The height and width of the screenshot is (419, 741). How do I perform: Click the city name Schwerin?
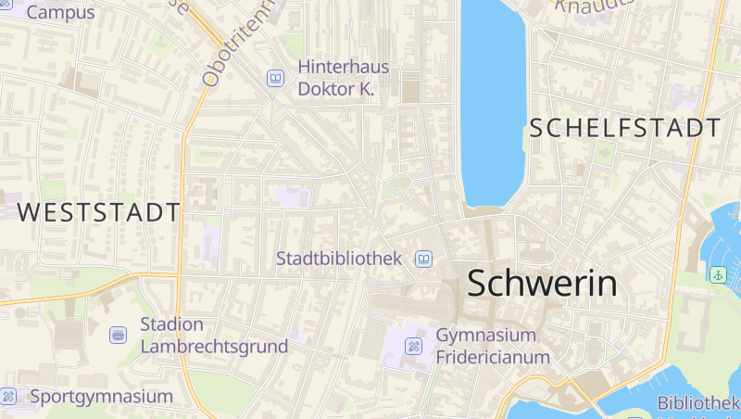(542, 283)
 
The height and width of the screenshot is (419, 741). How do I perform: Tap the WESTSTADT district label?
(98, 212)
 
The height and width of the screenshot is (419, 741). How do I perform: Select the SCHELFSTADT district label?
(625, 129)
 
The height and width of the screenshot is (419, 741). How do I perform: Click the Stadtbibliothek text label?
(339, 259)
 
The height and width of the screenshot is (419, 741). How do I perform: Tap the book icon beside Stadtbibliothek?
(423, 259)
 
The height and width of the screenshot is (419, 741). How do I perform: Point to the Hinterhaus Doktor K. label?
(343, 78)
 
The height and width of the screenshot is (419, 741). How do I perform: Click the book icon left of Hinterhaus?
(276, 79)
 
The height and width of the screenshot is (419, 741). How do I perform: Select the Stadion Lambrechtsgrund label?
(214, 336)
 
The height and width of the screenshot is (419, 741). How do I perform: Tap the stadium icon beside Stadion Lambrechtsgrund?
(118, 335)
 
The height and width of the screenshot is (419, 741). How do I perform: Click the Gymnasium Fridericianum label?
(493, 346)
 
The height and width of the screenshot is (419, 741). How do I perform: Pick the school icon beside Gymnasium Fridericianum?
(414, 347)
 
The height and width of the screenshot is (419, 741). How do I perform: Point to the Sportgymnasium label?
(102, 397)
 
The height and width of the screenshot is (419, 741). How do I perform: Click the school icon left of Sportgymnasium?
(9, 397)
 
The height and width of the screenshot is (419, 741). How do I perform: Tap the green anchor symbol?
(717, 274)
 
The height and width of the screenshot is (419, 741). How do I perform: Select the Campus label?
(60, 13)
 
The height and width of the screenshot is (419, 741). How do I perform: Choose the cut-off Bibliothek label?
(698, 403)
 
